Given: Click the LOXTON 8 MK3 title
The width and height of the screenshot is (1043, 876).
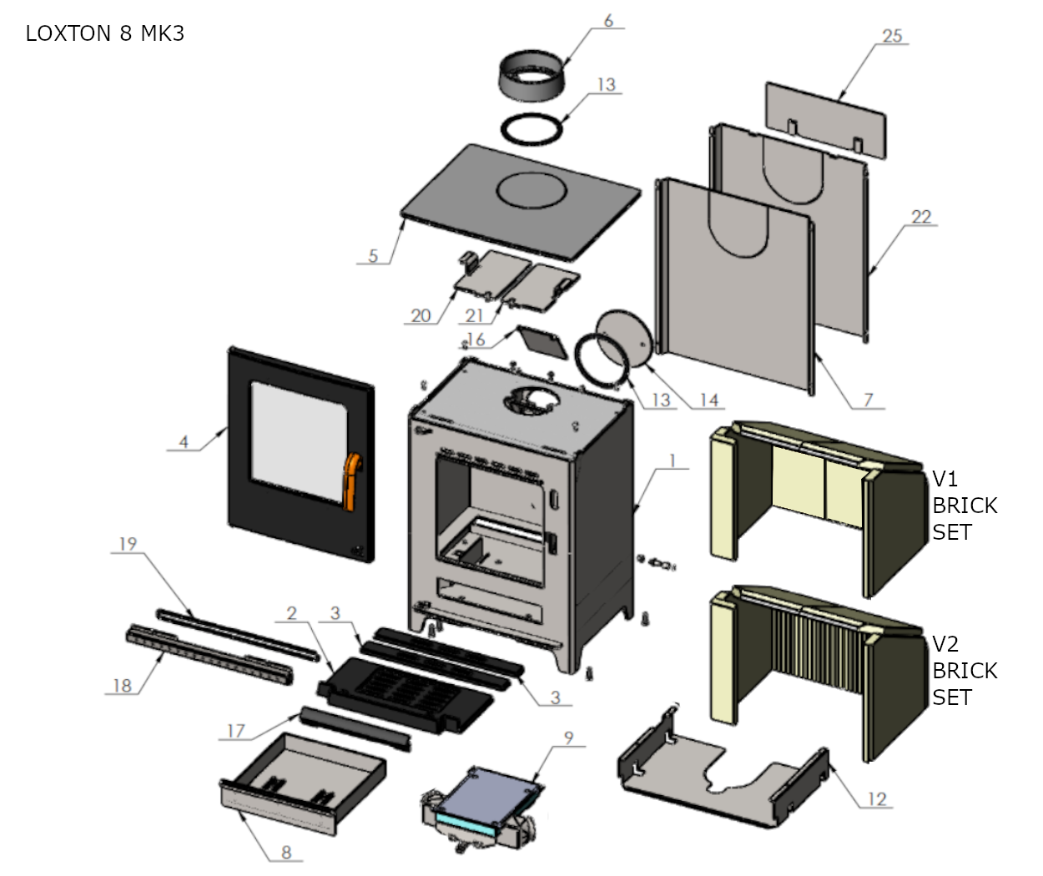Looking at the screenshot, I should [x=104, y=33].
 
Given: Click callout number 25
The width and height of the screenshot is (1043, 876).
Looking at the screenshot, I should [x=892, y=35].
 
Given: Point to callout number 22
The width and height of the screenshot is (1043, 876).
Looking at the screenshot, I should [x=920, y=217].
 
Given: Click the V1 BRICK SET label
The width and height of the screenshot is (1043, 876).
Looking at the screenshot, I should [x=964, y=505].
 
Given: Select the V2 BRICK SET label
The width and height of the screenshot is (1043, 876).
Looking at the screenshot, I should [x=964, y=670].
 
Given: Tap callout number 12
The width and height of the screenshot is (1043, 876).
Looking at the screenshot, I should [x=876, y=799].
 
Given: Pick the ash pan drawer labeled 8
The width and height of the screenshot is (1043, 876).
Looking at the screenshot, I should [x=300, y=784].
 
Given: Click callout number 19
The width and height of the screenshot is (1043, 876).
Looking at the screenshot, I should [x=128, y=544].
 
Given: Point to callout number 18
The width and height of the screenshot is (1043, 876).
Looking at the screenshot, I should [x=122, y=686].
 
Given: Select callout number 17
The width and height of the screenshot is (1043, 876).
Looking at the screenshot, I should [x=236, y=732].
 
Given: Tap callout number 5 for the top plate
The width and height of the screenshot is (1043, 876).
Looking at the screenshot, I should [x=373, y=256].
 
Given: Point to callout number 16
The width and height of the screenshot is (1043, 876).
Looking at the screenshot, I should [x=476, y=340].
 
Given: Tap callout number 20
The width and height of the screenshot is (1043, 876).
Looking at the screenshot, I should [x=421, y=315].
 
